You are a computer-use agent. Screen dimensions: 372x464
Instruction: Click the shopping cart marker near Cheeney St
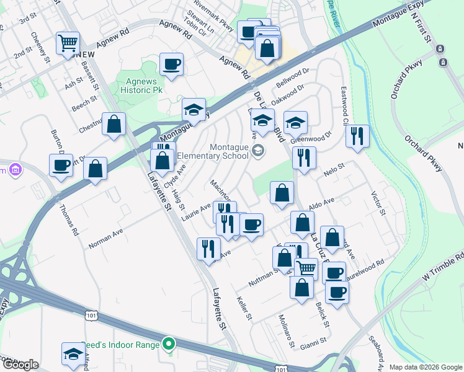coord(68,43)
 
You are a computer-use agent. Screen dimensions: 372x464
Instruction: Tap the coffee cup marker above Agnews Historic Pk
coord(171,64)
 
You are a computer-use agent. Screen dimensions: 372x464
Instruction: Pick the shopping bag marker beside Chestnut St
coord(114,123)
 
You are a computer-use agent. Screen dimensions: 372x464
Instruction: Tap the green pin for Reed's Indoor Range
coord(169,343)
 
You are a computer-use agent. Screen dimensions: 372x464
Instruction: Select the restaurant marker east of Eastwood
coord(357,136)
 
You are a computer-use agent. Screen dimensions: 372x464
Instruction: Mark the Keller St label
coord(244,308)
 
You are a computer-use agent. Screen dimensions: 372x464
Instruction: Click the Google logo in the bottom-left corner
coord(20,365)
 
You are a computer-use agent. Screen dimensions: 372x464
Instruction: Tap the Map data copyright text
coord(425,367)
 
